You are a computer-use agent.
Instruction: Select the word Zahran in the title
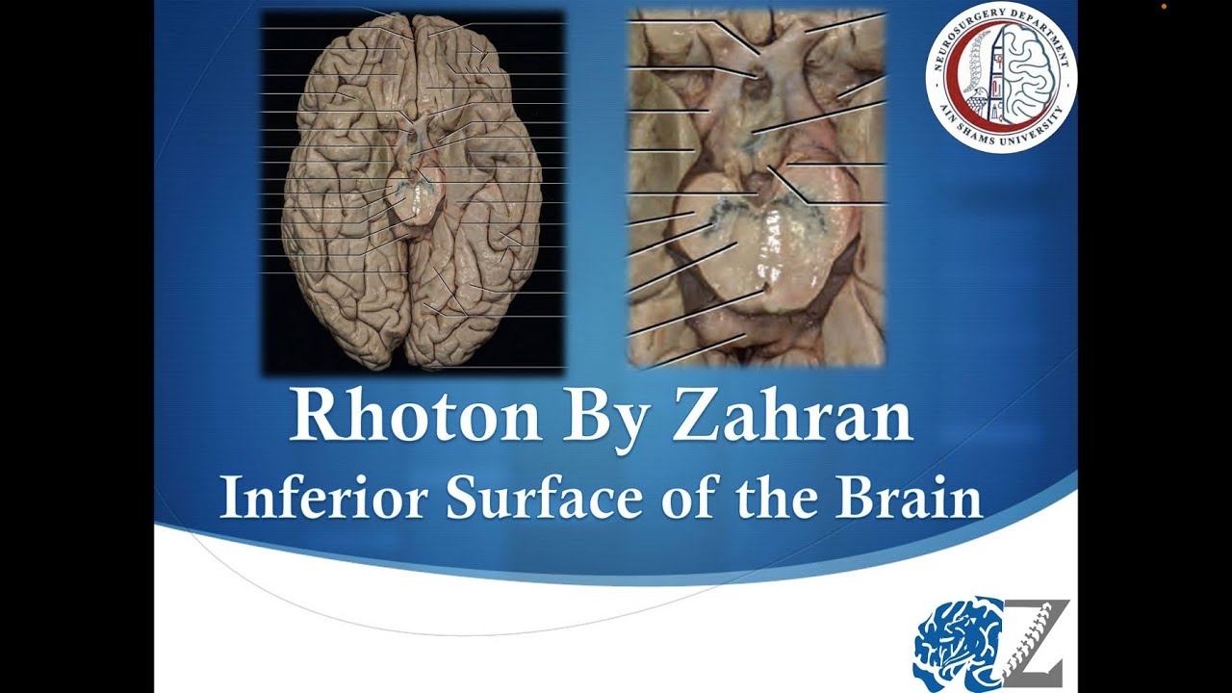791,417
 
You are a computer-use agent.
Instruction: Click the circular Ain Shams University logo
1000,76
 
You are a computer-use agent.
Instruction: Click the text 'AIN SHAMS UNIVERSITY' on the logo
1001,135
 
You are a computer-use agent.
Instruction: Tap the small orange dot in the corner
1164,7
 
